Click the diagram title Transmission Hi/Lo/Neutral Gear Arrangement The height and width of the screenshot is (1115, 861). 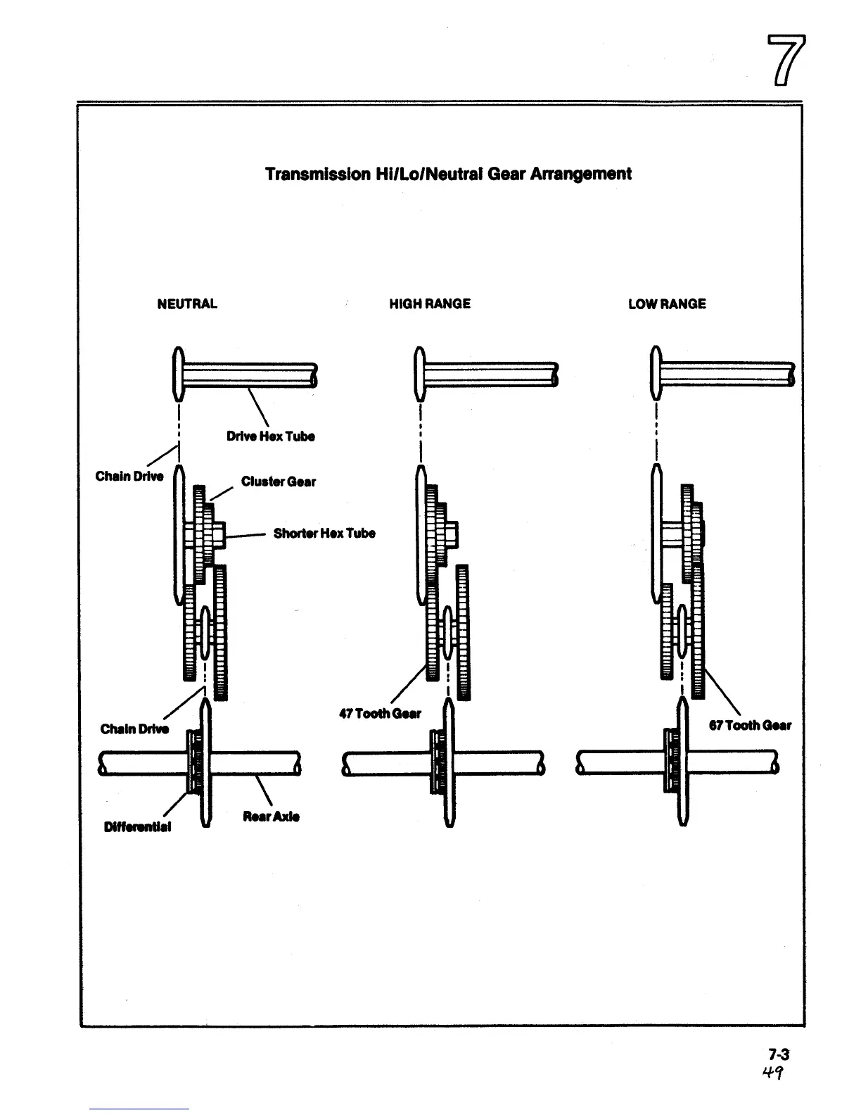(448, 174)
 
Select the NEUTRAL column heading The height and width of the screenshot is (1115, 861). (187, 304)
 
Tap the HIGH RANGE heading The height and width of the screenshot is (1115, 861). (430, 304)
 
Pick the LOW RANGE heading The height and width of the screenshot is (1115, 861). (667, 304)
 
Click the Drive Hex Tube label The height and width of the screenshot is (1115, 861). (271, 436)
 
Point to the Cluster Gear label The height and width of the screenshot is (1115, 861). (279, 482)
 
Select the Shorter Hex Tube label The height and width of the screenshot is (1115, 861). (324, 534)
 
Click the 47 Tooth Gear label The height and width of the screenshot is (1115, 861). (380, 714)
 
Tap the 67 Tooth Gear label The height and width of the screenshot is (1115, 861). (750, 726)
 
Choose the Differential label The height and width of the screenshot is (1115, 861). (137, 827)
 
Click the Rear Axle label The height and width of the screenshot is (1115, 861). (271, 817)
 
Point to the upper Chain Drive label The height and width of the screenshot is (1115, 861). (129, 477)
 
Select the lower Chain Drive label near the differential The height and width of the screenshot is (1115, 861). (134, 729)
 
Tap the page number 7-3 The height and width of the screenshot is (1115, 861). (779, 1054)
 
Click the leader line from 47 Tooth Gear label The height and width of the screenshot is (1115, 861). (408, 683)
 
